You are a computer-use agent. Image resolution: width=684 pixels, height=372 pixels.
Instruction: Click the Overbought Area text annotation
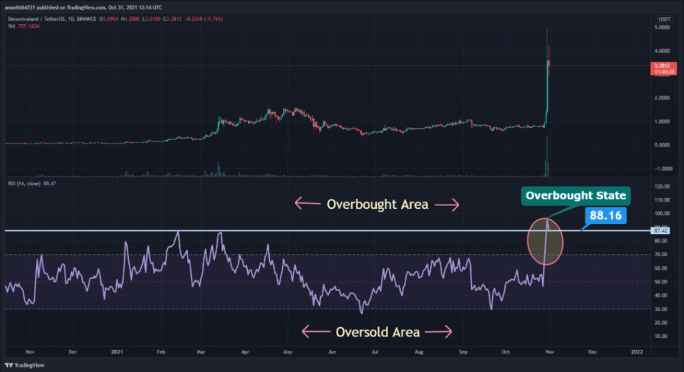(378, 205)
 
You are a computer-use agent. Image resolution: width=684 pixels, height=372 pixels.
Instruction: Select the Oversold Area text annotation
(378, 331)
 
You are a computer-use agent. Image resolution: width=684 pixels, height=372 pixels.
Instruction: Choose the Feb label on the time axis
(160, 351)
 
